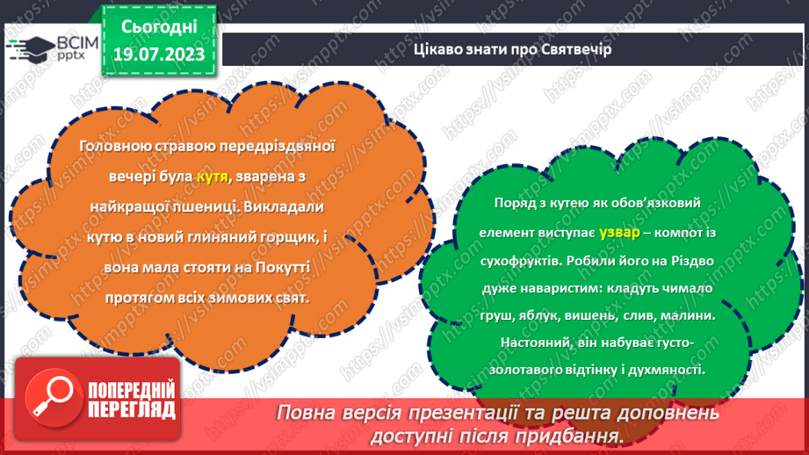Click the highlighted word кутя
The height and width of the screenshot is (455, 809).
point(212,177)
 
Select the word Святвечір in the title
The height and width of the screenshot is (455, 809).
point(575,49)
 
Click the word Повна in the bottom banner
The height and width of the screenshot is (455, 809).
point(308,412)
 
